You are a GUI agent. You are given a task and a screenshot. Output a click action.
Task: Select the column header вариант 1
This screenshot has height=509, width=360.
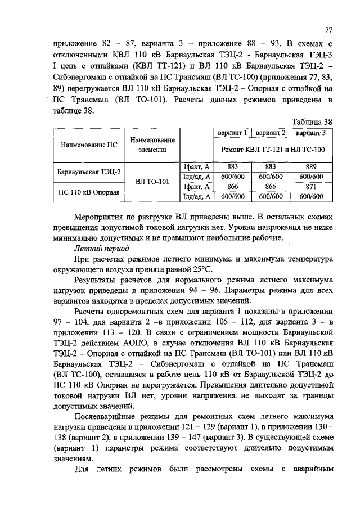click(x=233, y=133)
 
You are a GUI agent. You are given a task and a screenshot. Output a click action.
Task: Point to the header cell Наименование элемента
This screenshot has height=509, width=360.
click(x=151, y=145)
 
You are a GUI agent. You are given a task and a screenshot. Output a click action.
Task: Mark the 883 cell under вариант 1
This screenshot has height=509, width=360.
click(x=233, y=167)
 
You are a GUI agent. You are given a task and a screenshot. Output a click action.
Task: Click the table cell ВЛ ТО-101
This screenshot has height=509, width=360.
click(x=151, y=182)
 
